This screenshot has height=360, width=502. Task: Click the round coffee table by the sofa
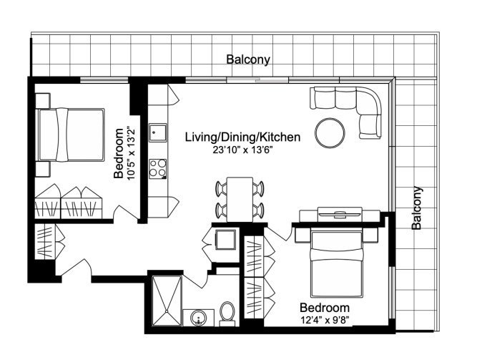point(330,133)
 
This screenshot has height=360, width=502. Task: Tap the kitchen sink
point(157,132)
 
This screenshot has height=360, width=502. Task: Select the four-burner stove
point(157,168)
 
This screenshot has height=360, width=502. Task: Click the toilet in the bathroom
point(227,313)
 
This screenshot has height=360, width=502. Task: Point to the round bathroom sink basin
point(199,318)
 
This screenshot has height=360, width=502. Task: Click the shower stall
point(167,301)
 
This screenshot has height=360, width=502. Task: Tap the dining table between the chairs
point(240,199)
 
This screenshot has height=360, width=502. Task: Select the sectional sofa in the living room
point(346,112)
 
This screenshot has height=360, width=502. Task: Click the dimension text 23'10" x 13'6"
point(242,150)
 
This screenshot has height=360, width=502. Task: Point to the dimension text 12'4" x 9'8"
point(325,320)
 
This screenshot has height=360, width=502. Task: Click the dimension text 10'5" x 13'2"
point(132,153)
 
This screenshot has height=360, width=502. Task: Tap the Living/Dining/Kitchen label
point(242,137)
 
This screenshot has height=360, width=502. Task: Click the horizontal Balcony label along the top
point(248,59)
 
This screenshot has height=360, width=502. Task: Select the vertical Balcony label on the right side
point(417,208)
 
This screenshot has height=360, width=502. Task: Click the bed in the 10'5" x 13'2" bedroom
point(71,135)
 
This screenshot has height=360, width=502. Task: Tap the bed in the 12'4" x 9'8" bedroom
point(337,264)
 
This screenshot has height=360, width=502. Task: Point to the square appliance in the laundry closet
point(226,239)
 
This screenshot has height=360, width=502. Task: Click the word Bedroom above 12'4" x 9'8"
point(325,308)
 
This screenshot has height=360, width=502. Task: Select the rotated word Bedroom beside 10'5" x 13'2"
point(119,153)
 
